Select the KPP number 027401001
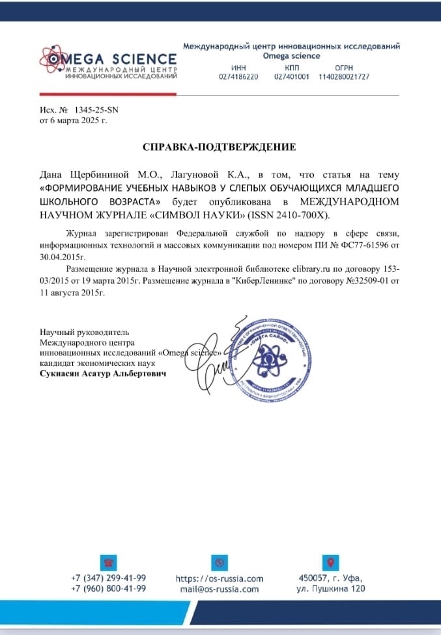pyautogui.click(x=292, y=77)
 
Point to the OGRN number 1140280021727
pyautogui.click(x=344, y=77)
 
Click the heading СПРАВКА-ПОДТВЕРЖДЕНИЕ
pyautogui.click(x=220, y=147)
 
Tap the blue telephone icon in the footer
pyautogui.click(x=108, y=563)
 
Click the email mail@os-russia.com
pyautogui.click(x=220, y=589)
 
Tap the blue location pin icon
pyautogui.click(x=330, y=563)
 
